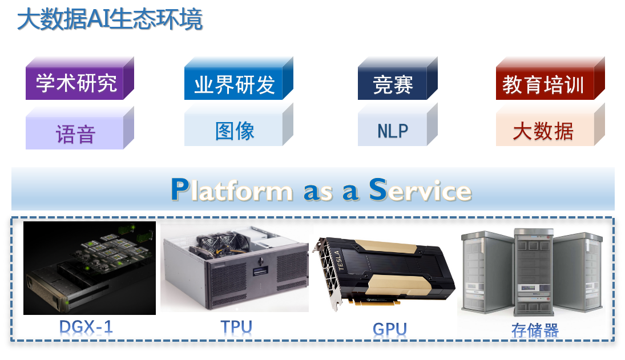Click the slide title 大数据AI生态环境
(x=110, y=20)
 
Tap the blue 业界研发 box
(x=234, y=85)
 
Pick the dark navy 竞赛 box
(x=393, y=85)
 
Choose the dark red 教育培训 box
(x=543, y=85)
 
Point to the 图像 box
(x=234, y=131)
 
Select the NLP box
(x=393, y=131)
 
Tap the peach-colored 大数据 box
(x=543, y=131)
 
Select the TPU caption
(x=236, y=327)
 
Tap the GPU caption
(x=390, y=329)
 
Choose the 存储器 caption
(x=535, y=330)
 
